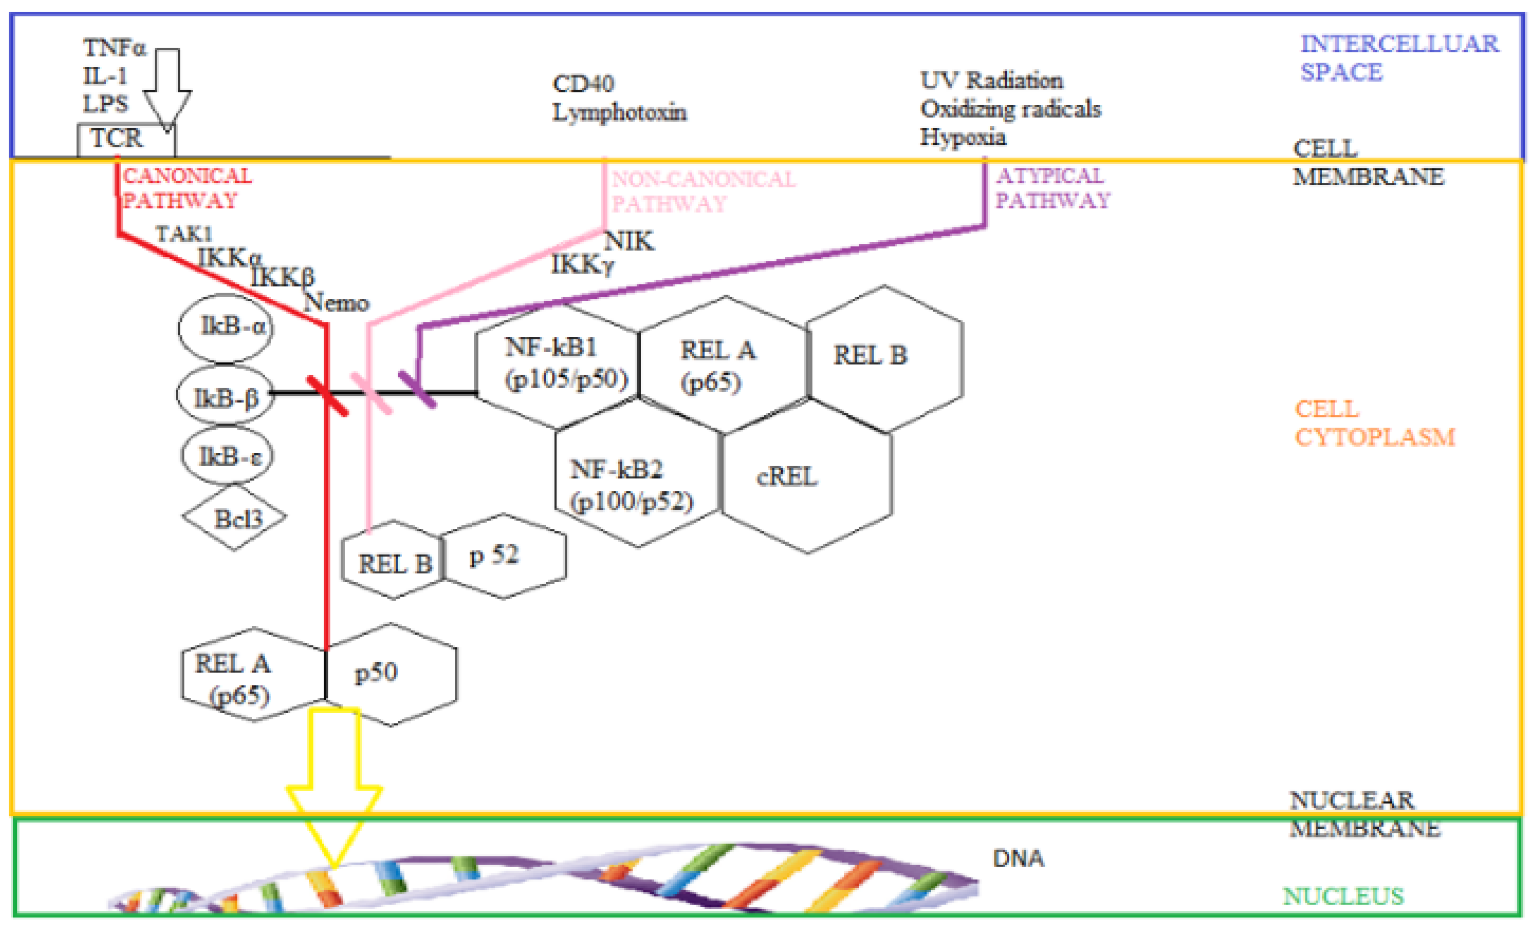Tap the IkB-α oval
[225, 328]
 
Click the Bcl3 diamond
[235, 517]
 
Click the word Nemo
[336, 303]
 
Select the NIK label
[629, 241]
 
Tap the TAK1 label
[184, 234]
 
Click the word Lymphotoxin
[619, 113]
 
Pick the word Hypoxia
[963, 137]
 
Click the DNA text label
[1018, 859]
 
